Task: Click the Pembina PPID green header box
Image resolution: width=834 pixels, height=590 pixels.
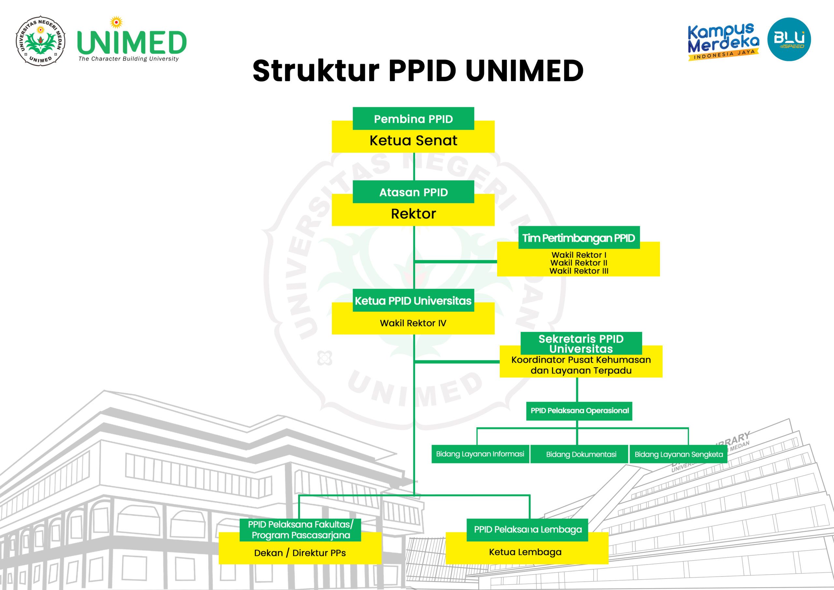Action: click(413, 119)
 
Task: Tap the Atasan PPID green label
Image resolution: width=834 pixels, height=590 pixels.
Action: click(413, 192)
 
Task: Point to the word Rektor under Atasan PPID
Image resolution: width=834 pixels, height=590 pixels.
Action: click(413, 214)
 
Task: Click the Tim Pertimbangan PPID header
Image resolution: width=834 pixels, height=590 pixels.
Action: click(579, 238)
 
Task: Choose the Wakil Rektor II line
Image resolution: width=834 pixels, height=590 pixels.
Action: click(579, 263)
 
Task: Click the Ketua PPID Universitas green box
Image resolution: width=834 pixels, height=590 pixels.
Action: click(413, 300)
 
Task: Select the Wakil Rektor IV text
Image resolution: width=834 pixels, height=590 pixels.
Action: click(413, 323)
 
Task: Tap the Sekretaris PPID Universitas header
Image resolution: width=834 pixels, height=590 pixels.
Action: click(581, 344)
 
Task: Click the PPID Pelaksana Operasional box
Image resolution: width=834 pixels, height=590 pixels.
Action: click(579, 411)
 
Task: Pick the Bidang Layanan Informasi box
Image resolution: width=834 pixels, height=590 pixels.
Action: click(480, 454)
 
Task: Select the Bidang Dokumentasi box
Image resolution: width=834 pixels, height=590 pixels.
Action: click(579, 454)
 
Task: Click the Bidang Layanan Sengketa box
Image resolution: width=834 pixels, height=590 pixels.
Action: click(679, 454)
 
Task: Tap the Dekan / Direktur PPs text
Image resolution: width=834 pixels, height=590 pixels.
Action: click(300, 553)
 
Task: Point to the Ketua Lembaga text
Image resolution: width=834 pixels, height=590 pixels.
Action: click(525, 552)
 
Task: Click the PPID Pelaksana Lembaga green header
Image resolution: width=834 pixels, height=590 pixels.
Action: click(527, 530)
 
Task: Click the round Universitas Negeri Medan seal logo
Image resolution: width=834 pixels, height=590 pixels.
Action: click(41, 41)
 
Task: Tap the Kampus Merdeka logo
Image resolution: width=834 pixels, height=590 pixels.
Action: click(723, 41)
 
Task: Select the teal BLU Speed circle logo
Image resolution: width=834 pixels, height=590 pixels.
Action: click(789, 39)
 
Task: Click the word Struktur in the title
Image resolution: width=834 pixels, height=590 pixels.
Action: click(316, 70)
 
